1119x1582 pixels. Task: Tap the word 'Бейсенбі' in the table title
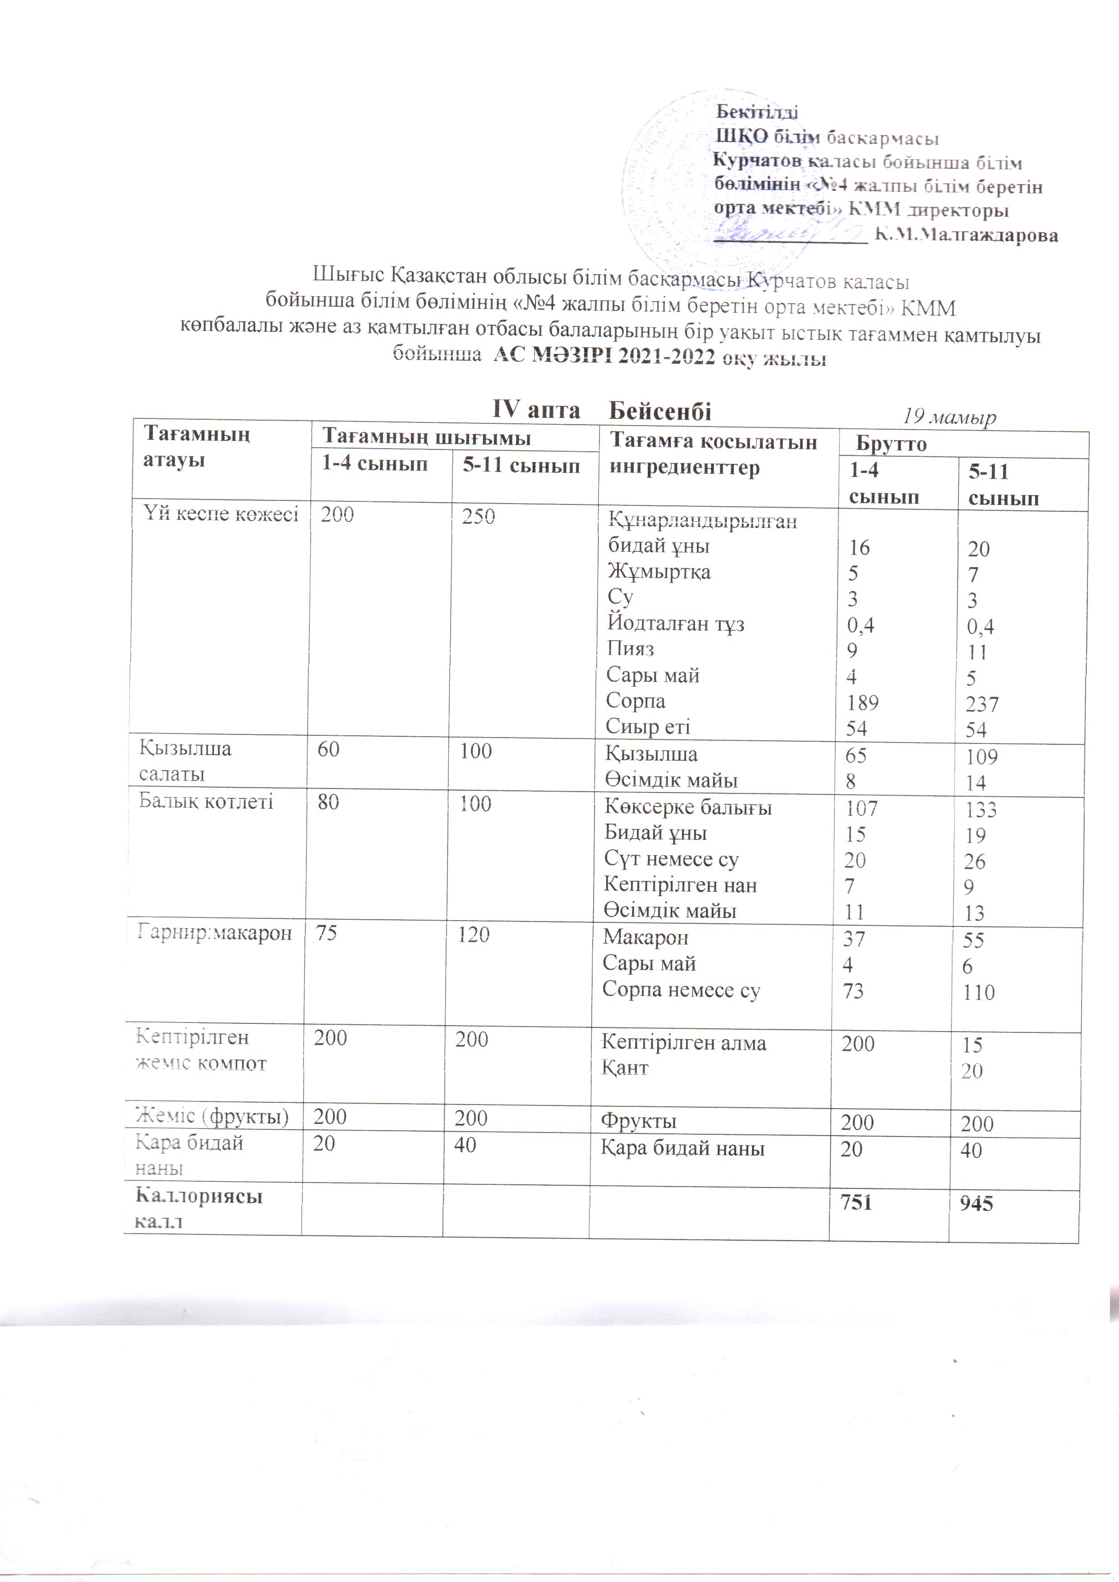tap(660, 411)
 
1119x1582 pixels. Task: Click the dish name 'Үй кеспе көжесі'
tap(221, 514)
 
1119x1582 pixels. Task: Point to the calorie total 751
tap(856, 1203)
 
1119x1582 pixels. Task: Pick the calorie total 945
tap(976, 1204)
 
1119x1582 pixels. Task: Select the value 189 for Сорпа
tap(862, 703)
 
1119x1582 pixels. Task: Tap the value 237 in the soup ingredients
tap(982, 704)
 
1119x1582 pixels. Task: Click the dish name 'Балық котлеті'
tap(206, 801)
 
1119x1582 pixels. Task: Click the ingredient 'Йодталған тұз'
tap(675, 624)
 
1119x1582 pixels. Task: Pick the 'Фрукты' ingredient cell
tap(639, 1121)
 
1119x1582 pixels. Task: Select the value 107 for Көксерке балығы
tap(861, 808)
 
